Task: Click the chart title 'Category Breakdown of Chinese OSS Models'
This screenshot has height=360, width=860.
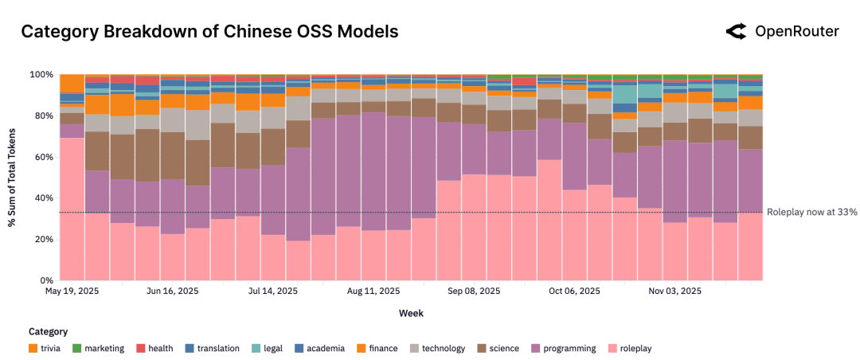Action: [x=209, y=32]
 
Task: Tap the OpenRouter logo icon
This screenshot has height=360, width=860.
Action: [x=735, y=32]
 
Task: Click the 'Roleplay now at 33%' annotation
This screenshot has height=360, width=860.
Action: [x=811, y=212]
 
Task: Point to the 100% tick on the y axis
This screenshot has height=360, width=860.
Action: [x=41, y=75]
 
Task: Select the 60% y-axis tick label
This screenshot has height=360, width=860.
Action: [x=43, y=157]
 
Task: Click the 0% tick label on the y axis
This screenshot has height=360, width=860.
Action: [x=46, y=280]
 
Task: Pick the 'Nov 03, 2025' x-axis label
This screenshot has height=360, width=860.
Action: [x=675, y=292]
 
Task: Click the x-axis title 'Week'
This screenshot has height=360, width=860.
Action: [x=410, y=313]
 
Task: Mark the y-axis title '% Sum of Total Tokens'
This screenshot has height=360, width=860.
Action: [x=13, y=177]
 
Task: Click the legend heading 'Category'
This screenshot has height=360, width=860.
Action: [x=48, y=331]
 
